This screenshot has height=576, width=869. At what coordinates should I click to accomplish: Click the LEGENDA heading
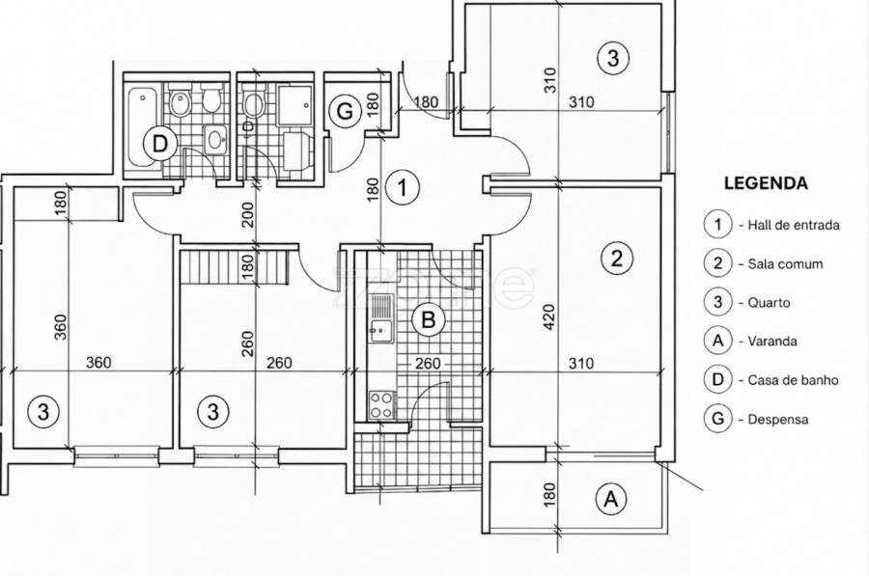tap(766, 183)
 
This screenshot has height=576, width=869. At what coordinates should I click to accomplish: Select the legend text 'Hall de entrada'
tap(793, 225)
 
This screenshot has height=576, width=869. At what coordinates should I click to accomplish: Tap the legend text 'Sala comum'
tap(785, 263)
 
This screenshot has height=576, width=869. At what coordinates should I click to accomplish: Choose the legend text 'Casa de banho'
tap(793, 380)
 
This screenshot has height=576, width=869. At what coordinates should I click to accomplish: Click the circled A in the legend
tap(718, 341)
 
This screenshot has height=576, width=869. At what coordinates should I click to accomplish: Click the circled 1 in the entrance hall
tap(403, 188)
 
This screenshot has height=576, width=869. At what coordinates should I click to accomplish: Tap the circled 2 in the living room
tap(616, 259)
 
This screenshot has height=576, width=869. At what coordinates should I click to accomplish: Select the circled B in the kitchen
tap(429, 320)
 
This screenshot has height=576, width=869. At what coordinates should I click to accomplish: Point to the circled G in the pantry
tap(345, 112)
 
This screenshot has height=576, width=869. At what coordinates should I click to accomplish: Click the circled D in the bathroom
tap(159, 144)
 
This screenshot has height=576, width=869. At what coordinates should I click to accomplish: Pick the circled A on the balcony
tap(611, 499)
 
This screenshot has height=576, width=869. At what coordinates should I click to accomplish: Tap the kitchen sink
tap(380, 319)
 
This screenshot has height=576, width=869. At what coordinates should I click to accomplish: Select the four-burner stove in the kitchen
tap(382, 404)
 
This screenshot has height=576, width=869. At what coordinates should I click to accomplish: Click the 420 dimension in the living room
tap(548, 316)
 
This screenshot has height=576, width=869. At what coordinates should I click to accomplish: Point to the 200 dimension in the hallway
tap(247, 214)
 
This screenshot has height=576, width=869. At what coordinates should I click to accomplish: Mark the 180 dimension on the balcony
tap(548, 495)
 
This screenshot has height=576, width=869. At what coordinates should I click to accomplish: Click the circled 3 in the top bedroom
tap(613, 58)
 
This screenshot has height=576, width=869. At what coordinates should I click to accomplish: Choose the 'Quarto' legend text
tap(769, 302)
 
